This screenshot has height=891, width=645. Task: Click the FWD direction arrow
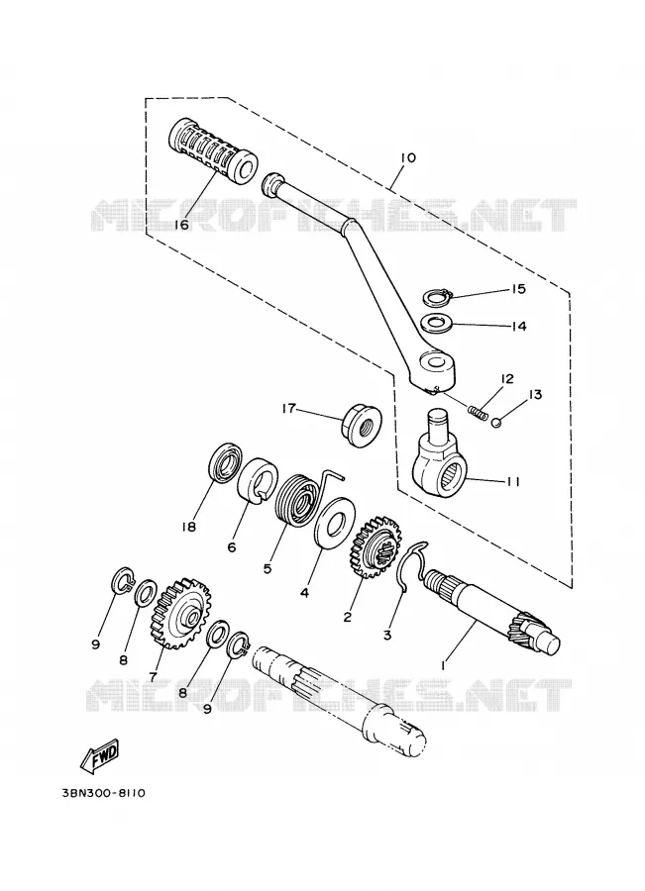pyautogui.click(x=100, y=757)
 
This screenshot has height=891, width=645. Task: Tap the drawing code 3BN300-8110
pyautogui.click(x=102, y=792)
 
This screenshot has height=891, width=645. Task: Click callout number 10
pyautogui.click(x=408, y=157)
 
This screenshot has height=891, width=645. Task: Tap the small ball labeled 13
pyautogui.click(x=496, y=422)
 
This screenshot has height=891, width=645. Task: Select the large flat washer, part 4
pyautogui.click(x=333, y=523)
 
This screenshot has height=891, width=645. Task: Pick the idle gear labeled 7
pyautogui.click(x=180, y=613)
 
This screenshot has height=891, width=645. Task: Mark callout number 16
pyautogui.click(x=181, y=225)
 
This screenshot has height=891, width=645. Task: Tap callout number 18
pyautogui.click(x=188, y=527)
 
